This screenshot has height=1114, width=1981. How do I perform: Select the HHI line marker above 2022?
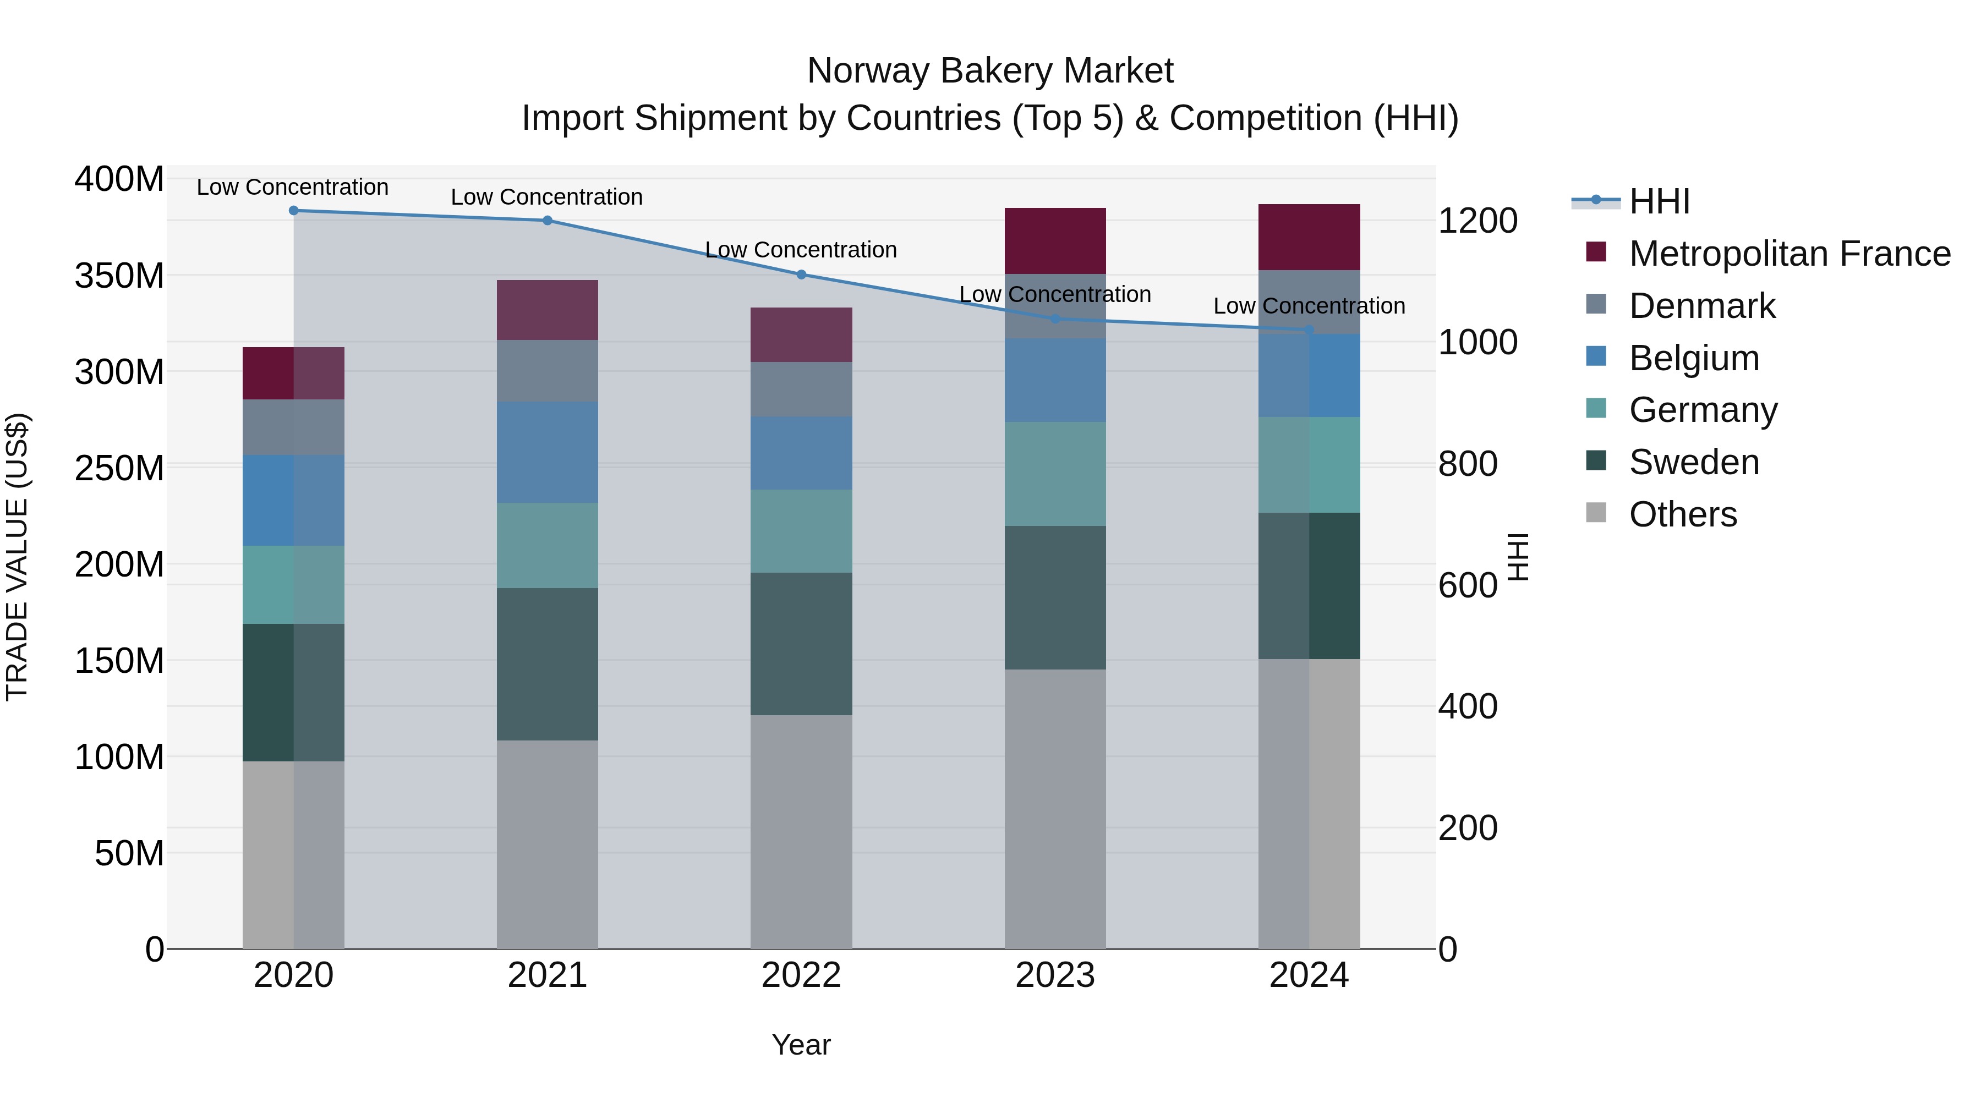pos(801,275)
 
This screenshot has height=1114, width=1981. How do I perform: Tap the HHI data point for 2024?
pos(1309,330)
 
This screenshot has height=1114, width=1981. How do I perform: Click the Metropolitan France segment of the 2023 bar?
pos(1054,240)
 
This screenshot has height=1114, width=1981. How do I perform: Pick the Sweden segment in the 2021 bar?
pos(547,664)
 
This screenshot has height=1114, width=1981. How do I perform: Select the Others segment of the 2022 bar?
pos(801,831)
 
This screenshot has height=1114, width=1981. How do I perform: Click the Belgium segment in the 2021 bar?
pos(547,452)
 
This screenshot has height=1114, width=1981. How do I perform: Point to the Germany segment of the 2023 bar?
pos(1054,474)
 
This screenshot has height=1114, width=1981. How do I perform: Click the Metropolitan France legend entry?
pos(1789,254)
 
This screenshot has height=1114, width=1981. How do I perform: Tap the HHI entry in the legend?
pos(1659,201)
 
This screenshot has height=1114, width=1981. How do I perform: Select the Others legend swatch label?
pos(1683,514)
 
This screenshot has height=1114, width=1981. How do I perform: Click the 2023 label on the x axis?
pos(1054,975)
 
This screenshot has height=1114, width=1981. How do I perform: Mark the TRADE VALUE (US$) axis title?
pos(18,557)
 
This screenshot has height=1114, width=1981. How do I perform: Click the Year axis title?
pos(801,1045)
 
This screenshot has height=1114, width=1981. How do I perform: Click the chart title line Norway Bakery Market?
pos(990,71)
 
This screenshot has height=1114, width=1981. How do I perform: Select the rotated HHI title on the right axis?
pos(1517,557)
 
